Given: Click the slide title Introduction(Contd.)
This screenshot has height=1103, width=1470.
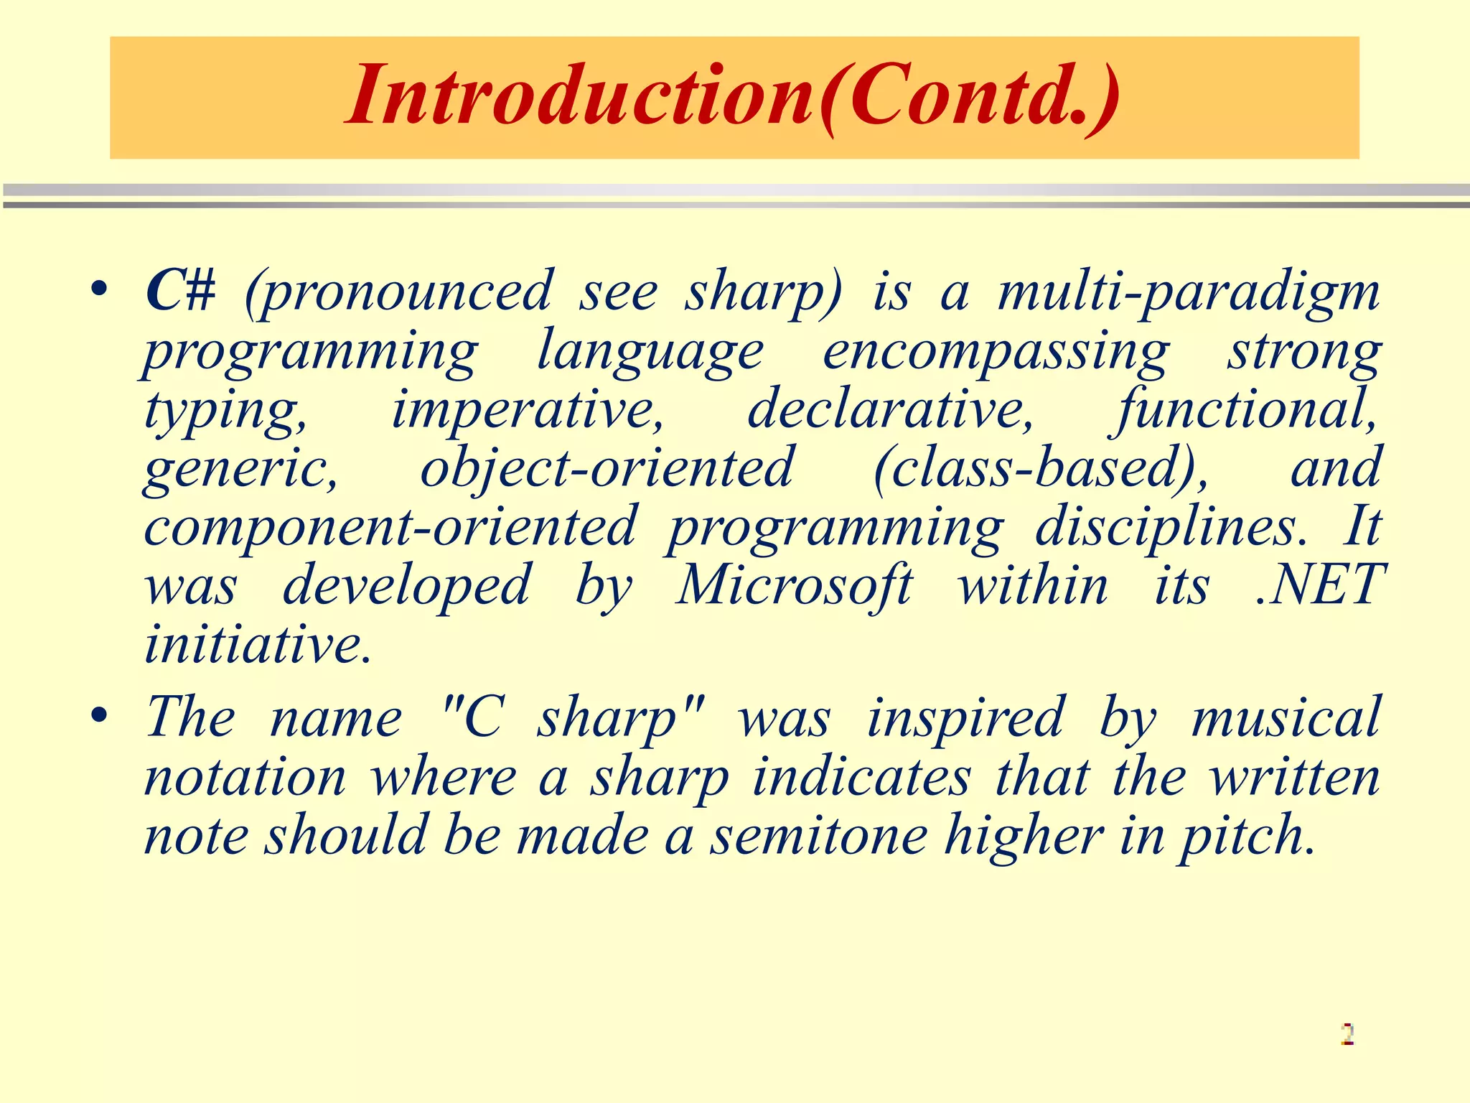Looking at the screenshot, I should click(732, 97).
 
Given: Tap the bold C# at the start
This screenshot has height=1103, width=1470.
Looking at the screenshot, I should click(180, 292).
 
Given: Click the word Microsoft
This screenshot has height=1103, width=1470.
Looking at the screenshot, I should click(794, 585).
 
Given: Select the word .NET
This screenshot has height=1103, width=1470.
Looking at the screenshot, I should click(1319, 585).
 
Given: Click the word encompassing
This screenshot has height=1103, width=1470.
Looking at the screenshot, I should click(996, 352).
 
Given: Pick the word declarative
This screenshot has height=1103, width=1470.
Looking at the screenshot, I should click(890, 410).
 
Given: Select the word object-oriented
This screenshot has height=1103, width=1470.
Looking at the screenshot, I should click(607, 468).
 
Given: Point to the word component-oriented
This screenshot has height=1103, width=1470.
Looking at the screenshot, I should click(390, 527).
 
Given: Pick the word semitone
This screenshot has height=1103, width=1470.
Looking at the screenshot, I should click(819, 836).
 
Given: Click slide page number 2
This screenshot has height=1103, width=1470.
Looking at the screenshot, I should click(1347, 1034).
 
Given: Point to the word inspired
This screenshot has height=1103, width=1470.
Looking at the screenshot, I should click(965, 718).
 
